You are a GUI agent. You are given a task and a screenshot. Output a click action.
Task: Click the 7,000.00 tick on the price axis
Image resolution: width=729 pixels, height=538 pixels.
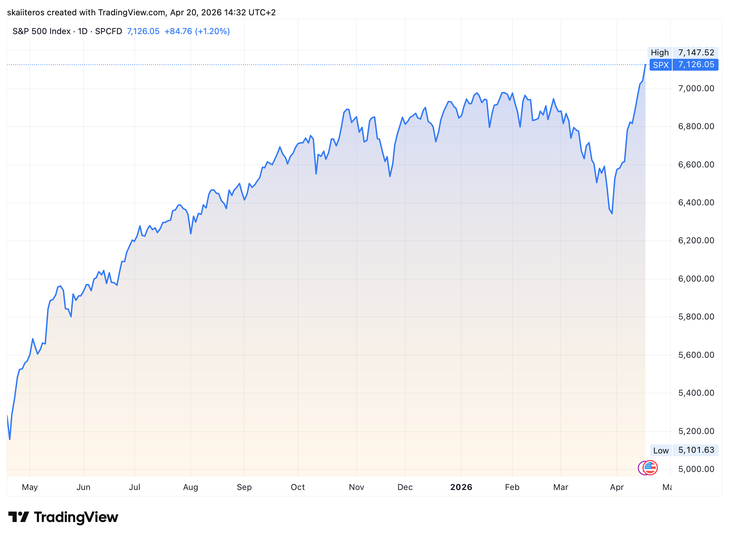(696, 88)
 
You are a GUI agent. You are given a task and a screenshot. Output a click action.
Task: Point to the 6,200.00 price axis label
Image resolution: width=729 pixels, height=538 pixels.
(696, 240)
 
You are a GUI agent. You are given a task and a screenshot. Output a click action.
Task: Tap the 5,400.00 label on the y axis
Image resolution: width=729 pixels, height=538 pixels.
(696, 393)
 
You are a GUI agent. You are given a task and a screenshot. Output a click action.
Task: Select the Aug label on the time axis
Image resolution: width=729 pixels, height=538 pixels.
(190, 487)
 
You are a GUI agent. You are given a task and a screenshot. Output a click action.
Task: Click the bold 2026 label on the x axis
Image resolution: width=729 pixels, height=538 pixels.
(461, 487)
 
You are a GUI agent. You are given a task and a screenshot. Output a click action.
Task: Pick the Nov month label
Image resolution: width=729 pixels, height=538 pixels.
(356, 487)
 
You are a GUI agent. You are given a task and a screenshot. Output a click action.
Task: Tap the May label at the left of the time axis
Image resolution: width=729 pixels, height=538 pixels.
(30, 487)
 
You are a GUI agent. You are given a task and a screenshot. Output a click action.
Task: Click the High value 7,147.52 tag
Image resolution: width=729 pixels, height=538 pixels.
(696, 53)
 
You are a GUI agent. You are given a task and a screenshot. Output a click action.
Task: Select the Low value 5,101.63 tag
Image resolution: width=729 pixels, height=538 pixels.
(696, 450)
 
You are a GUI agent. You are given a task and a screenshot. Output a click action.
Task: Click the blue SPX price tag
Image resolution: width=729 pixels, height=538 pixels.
(660, 65)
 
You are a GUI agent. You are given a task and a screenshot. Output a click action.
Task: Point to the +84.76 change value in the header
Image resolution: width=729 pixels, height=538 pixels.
(178, 31)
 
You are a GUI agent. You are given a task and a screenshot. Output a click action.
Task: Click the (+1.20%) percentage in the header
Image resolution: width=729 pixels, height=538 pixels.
(212, 31)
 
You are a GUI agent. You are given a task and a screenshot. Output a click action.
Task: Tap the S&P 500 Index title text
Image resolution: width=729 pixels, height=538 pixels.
(41, 31)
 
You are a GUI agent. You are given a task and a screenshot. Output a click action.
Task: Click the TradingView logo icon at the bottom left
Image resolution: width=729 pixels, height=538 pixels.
(18, 517)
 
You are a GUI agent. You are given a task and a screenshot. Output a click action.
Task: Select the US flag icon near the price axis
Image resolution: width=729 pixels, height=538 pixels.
(650, 467)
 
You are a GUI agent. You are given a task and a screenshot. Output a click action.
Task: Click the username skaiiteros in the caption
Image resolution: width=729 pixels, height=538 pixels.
(26, 13)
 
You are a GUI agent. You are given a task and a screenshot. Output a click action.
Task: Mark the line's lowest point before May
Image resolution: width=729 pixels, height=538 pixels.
(10, 440)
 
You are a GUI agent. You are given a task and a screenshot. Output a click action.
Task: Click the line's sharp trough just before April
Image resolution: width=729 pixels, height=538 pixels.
(612, 213)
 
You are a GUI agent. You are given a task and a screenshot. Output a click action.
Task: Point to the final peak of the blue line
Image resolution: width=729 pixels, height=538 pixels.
(645, 65)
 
